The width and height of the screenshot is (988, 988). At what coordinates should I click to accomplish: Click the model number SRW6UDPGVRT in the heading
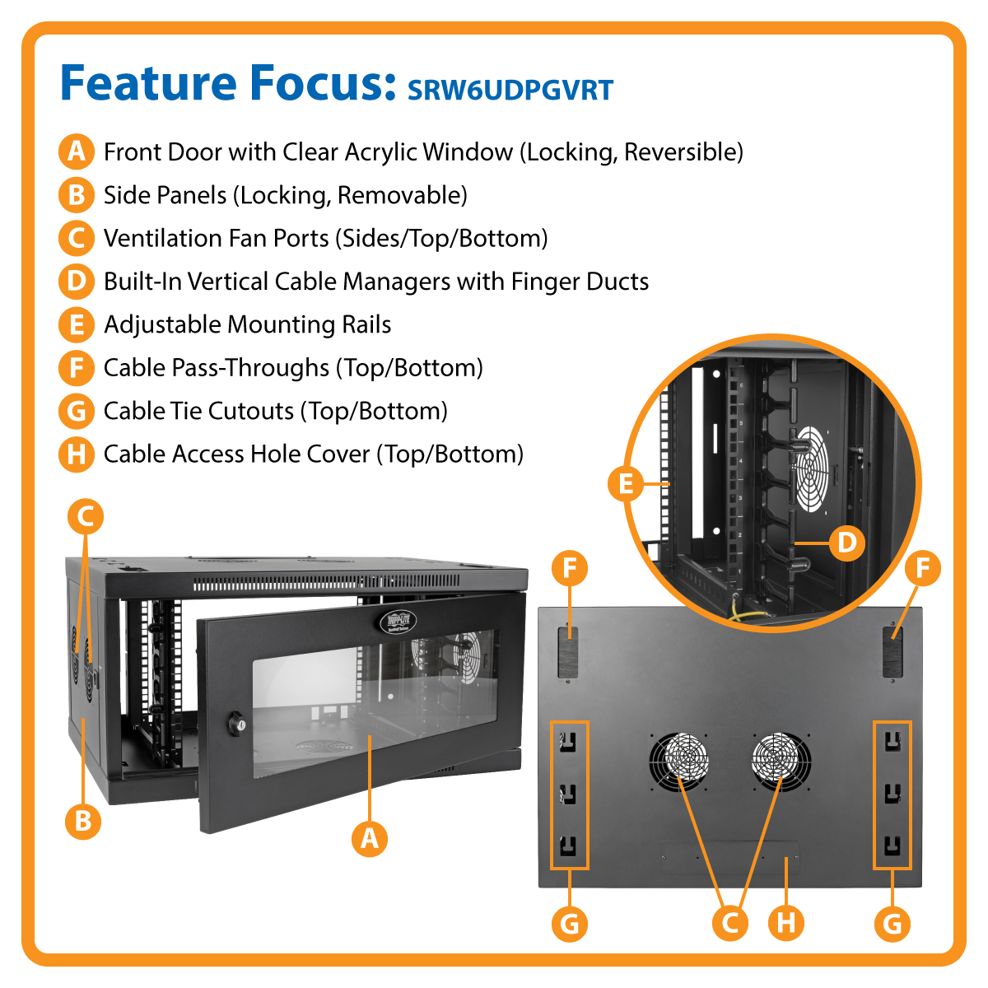(x=510, y=90)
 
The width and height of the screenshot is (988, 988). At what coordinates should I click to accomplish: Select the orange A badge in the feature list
(x=76, y=152)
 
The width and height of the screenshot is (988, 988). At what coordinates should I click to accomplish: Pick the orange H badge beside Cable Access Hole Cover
(x=76, y=454)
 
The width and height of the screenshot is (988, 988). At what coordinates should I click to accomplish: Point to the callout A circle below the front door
(x=370, y=839)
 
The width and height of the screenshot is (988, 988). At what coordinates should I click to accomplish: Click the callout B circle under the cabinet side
(x=83, y=821)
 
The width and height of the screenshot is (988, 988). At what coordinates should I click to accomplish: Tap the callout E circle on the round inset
(x=626, y=483)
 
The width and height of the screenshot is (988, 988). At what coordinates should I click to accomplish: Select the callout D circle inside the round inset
(x=846, y=543)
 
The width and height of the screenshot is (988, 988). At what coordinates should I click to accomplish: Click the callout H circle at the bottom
(x=786, y=922)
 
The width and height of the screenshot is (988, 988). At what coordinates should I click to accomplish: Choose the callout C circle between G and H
(x=729, y=922)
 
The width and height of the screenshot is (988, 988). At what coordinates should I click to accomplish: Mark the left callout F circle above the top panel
(x=570, y=568)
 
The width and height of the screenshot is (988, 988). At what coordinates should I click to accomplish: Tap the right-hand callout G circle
(x=892, y=922)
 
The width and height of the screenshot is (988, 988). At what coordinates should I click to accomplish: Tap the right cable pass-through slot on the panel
(x=892, y=651)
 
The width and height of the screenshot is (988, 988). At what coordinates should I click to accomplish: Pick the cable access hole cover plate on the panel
(x=731, y=857)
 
